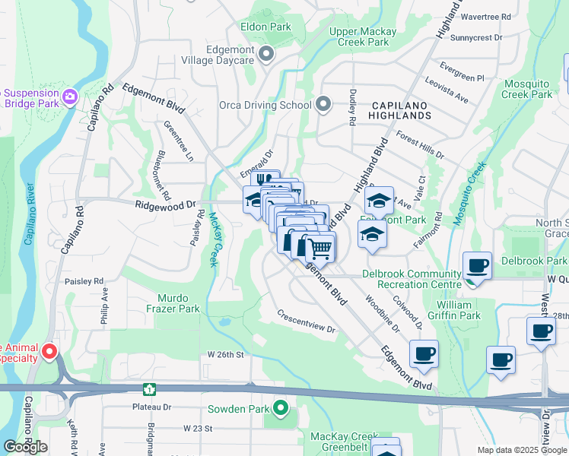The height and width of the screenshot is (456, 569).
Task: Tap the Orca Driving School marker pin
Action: pyautogui.click(x=323, y=105)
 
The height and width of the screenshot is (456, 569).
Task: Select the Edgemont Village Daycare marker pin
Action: pyautogui.click(x=265, y=53)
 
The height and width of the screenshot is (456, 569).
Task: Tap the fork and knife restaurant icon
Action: pyautogui.click(x=265, y=181)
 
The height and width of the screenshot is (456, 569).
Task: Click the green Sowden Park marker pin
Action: pyautogui.click(x=281, y=409)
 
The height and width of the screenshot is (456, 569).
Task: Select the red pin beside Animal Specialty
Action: pyautogui.click(x=49, y=351)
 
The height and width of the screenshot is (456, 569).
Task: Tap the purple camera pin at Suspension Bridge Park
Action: pyautogui.click(x=70, y=97)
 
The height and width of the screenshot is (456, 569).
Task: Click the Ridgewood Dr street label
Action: pyautogui.click(x=165, y=205)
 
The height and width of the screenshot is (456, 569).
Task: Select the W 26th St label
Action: pyautogui.click(x=225, y=355)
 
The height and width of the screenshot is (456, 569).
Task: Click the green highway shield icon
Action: pyautogui.click(x=151, y=389)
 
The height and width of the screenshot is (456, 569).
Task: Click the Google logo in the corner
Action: pyautogui.click(x=25, y=446)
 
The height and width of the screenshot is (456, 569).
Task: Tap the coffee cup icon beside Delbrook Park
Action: pyautogui.click(x=477, y=265)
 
